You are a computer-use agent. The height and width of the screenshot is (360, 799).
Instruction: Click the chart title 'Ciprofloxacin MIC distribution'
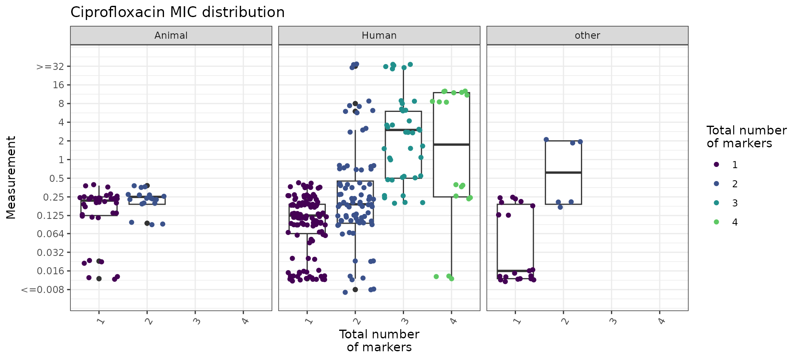[177, 12]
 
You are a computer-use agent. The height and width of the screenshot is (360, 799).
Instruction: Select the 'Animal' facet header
[171, 35]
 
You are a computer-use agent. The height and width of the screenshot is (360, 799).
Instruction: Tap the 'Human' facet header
[379, 35]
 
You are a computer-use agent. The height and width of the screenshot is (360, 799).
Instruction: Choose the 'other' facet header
[587, 35]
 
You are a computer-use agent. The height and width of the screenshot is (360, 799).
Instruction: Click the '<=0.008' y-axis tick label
[43, 290]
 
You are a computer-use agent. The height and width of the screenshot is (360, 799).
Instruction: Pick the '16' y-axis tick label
[59, 85]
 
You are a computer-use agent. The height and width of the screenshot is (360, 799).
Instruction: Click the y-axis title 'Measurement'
[11, 177]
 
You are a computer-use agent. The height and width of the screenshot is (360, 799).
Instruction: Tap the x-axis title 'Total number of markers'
[379, 340]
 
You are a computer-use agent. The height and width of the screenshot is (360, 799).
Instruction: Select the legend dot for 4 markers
[716, 222]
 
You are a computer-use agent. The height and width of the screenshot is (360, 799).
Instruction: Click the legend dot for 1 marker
[716, 165]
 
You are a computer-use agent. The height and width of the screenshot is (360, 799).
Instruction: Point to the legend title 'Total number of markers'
[746, 137]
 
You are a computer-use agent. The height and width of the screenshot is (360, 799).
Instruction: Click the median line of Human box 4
[452, 144]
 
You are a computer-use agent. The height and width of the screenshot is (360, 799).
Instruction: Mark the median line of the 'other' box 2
[563, 172]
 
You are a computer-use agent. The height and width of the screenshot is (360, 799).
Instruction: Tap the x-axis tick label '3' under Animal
[197, 321]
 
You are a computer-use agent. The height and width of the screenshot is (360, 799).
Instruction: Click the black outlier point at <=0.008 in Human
[355, 290]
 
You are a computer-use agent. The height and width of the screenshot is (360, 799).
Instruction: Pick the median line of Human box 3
[403, 130]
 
